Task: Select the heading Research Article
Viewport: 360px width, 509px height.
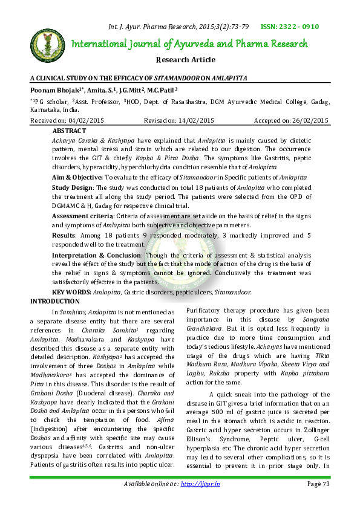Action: click(186, 60)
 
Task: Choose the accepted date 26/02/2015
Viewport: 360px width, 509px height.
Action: click(307, 121)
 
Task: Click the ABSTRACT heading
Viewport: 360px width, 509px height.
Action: click(69, 131)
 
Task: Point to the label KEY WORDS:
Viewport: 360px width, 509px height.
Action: click(71, 291)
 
